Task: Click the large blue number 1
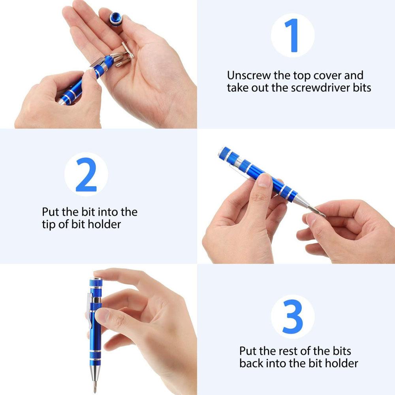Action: point(292,35)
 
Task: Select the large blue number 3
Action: point(292,317)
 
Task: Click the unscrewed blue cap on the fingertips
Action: point(116,19)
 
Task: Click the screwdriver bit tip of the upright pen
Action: point(95,387)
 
